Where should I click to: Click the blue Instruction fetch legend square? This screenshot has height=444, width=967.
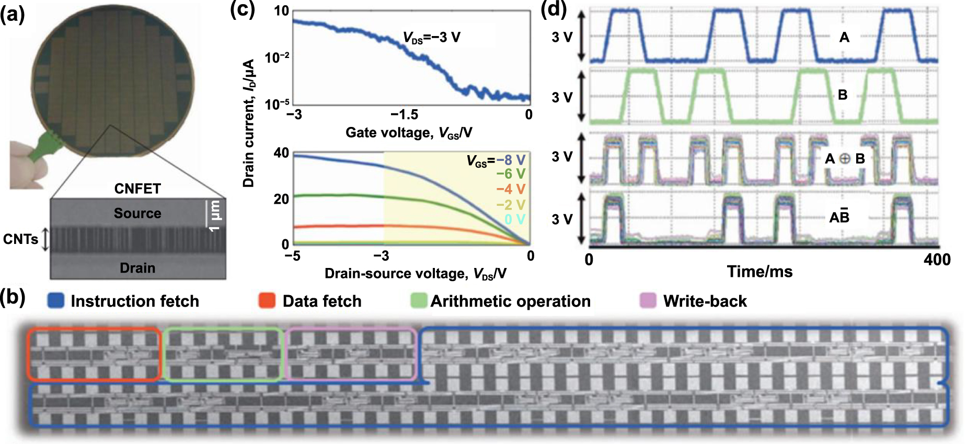(x=56, y=300)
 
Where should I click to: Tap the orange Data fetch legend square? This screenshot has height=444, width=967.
(x=267, y=300)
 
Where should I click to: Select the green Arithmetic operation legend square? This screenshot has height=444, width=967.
(x=419, y=300)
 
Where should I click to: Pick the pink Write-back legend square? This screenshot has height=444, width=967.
(x=648, y=300)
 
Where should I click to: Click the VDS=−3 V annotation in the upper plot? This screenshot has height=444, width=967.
(x=432, y=38)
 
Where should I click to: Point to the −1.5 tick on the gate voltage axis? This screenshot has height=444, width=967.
(x=404, y=114)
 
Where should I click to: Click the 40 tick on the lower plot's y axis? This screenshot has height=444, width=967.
(x=281, y=153)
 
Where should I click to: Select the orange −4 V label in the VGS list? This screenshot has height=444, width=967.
(x=511, y=189)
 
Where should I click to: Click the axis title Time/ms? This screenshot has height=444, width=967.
(x=759, y=272)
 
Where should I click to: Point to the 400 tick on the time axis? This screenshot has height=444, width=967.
(x=937, y=260)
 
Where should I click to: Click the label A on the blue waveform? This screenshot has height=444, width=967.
(x=844, y=38)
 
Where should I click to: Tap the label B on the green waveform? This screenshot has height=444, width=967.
(x=843, y=95)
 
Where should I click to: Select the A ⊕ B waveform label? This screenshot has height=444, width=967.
(x=845, y=159)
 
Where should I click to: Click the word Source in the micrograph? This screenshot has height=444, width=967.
(x=137, y=213)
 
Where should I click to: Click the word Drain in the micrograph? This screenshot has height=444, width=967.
(x=137, y=268)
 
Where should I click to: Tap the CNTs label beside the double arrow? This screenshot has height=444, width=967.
(x=21, y=239)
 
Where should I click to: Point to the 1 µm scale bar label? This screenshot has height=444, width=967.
(x=215, y=216)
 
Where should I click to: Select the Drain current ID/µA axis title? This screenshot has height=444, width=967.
(x=249, y=123)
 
